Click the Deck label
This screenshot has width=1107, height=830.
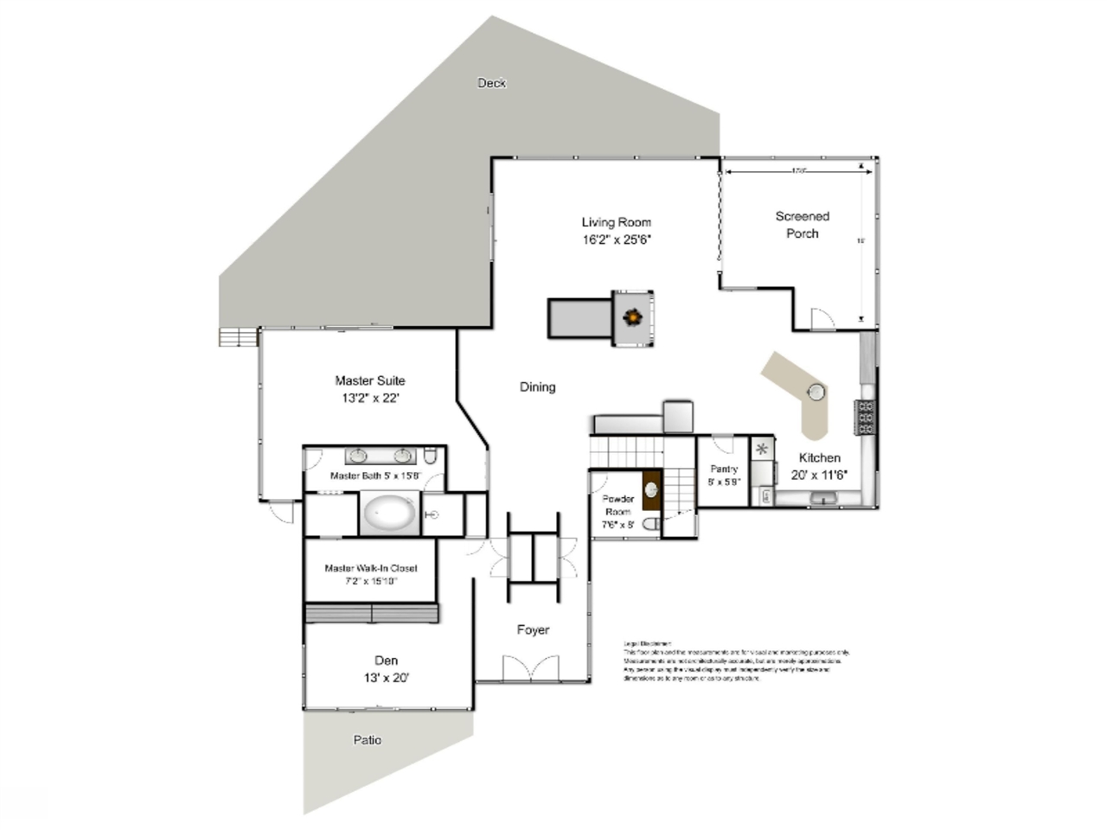(x=491, y=83)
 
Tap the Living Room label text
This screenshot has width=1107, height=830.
(x=616, y=222)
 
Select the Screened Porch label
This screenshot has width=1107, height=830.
(x=802, y=225)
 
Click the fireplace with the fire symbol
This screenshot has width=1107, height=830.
(x=633, y=318)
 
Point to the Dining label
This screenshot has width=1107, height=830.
(x=537, y=386)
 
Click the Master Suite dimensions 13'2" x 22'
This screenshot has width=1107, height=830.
(x=369, y=399)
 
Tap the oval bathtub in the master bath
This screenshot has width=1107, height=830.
(x=389, y=514)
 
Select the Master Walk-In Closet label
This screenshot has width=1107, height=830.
(x=370, y=568)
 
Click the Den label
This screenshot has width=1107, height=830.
(x=386, y=661)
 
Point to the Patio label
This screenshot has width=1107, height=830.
(x=367, y=740)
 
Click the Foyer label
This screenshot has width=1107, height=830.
(x=533, y=629)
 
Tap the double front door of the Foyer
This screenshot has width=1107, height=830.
(x=531, y=668)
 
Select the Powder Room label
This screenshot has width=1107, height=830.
(x=618, y=505)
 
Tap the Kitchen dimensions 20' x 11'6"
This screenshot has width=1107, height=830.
(x=819, y=475)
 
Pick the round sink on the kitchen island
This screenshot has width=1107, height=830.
(x=816, y=393)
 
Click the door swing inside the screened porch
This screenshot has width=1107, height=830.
(x=822, y=319)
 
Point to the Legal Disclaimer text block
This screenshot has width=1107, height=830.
(x=735, y=661)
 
